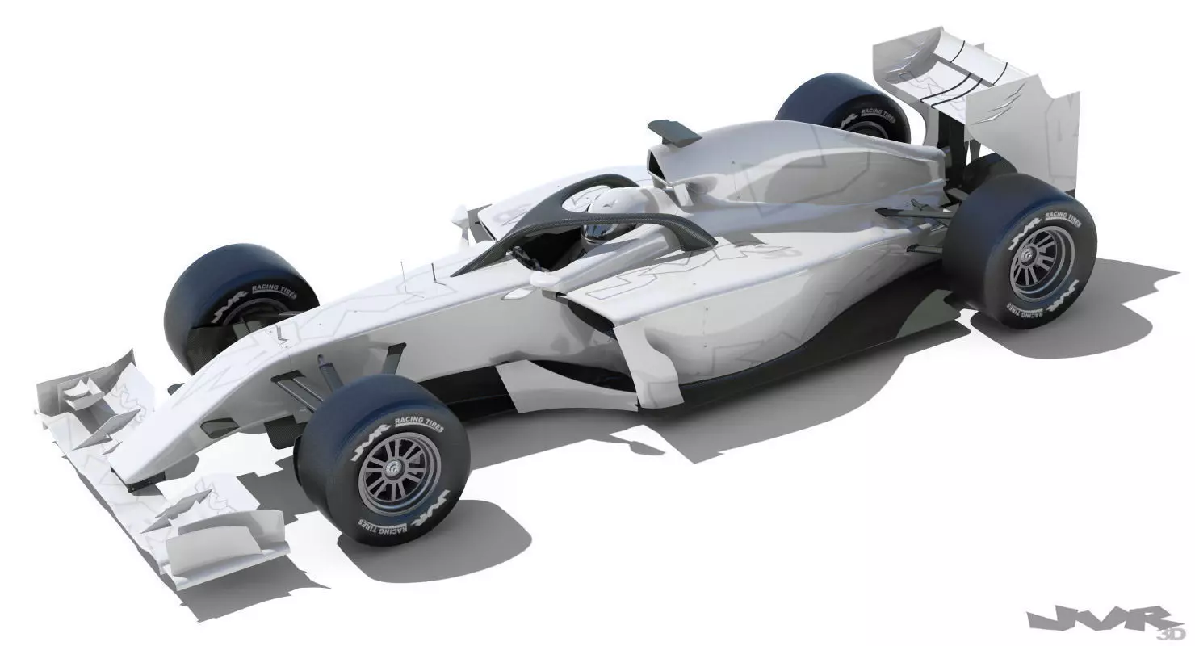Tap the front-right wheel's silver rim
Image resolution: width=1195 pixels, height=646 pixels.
pyautogui.click(x=400, y=471)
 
